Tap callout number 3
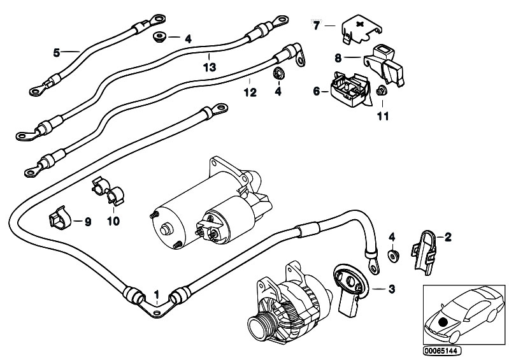tap(391, 290)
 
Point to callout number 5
tap(56, 53)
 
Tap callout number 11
tap(382, 116)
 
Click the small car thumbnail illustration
tap(462, 315)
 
